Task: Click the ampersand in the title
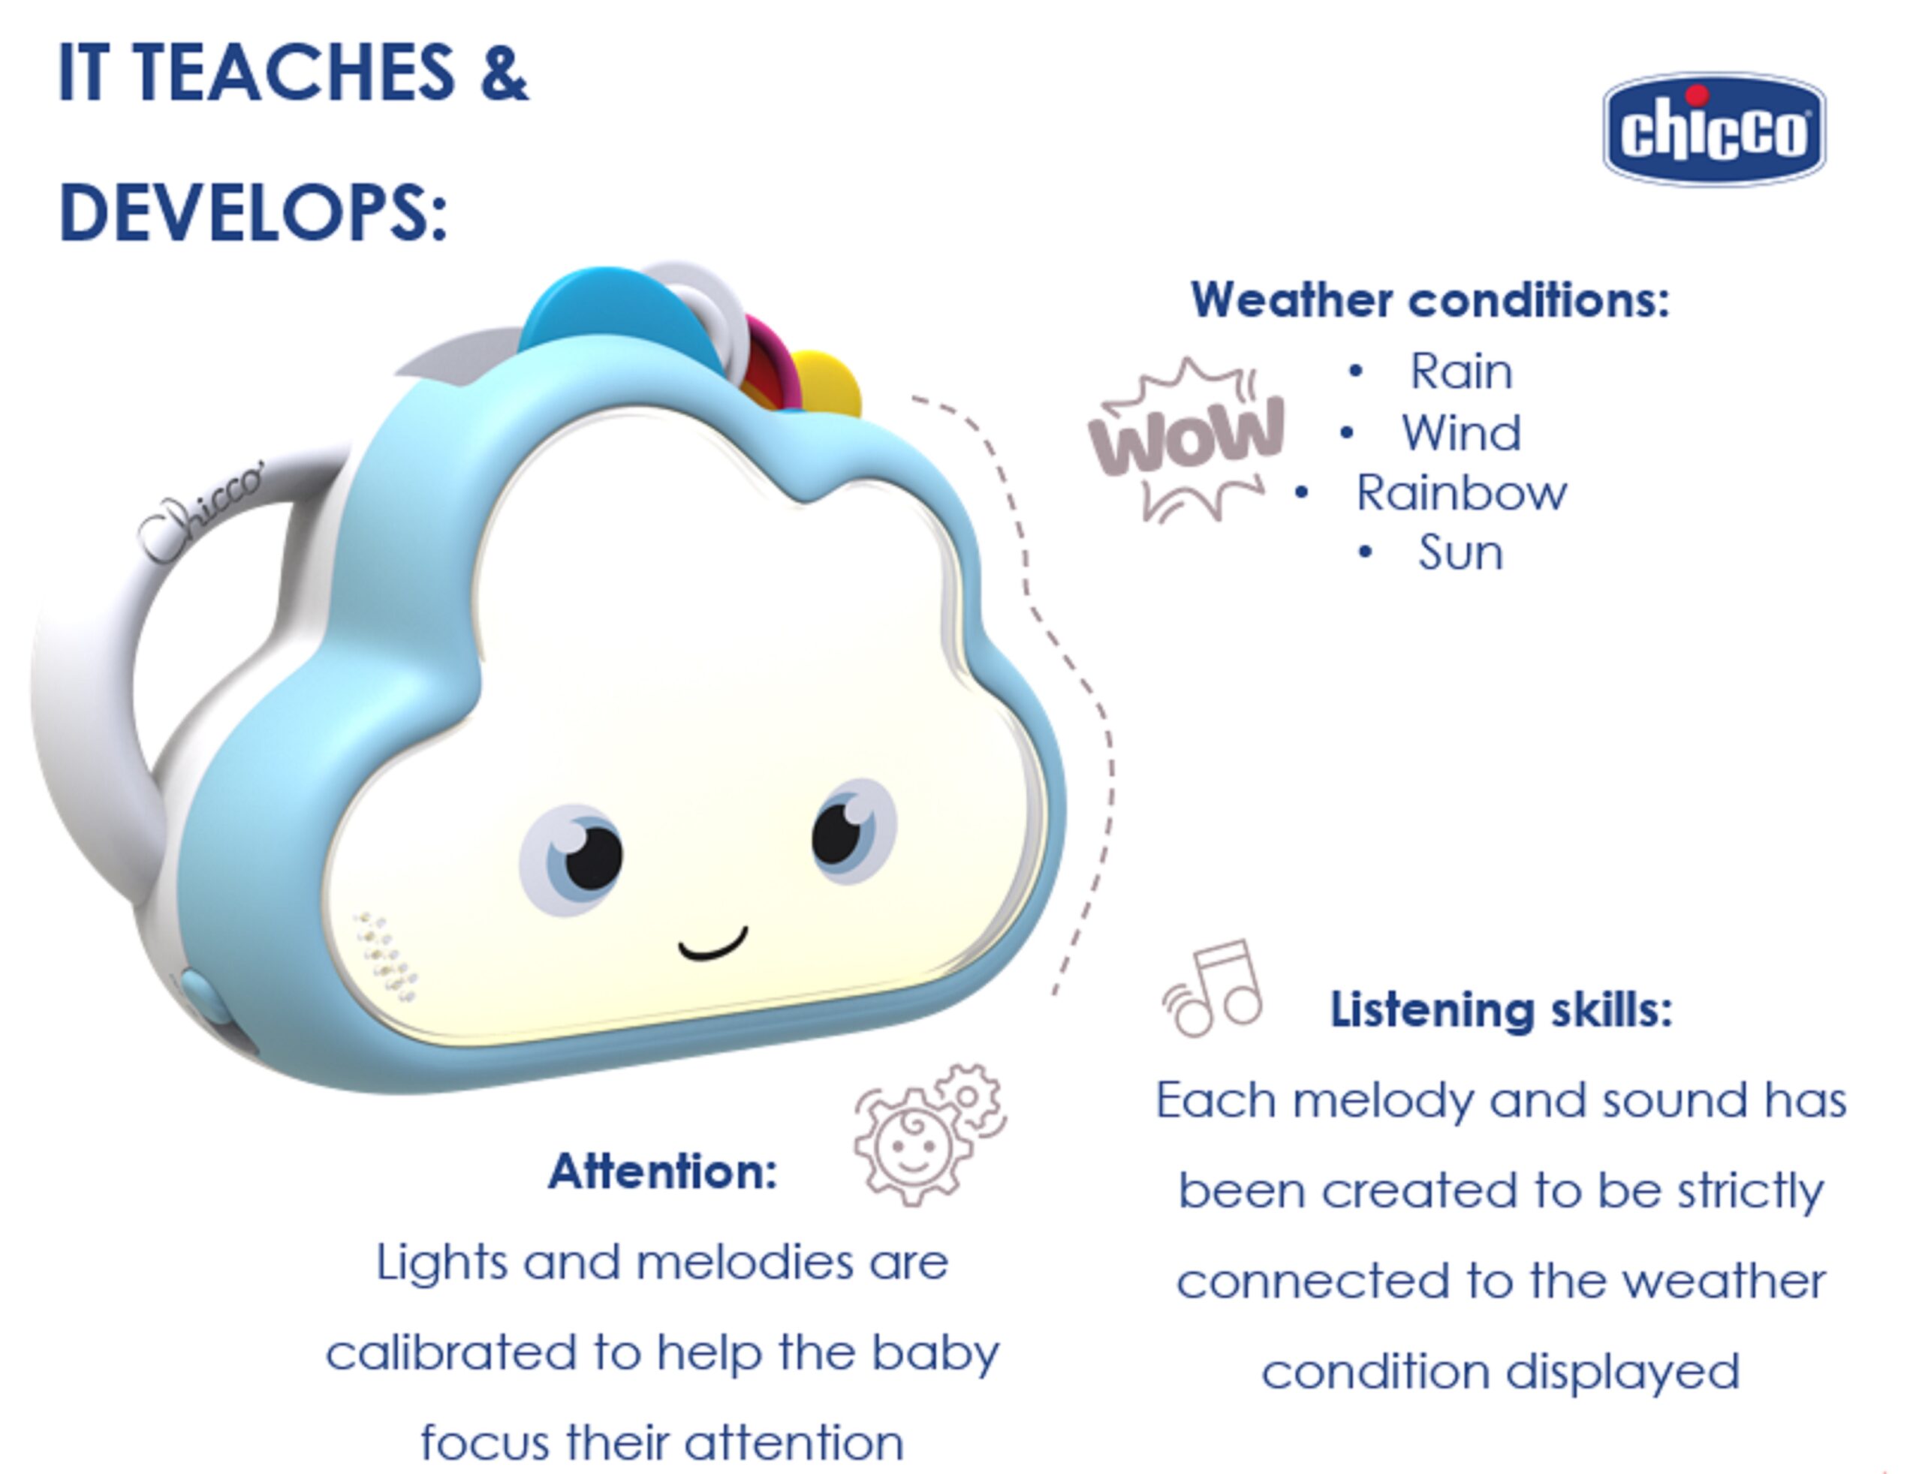point(504,72)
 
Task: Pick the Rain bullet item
point(1460,372)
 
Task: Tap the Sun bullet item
point(1460,552)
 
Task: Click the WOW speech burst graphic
point(1185,439)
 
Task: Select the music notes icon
point(1213,989)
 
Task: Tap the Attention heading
point(663,1171)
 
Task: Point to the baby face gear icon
point(929,1135)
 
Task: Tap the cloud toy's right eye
point(851,829)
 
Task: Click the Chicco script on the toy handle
point(201,510)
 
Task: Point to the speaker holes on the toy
point(384,956)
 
